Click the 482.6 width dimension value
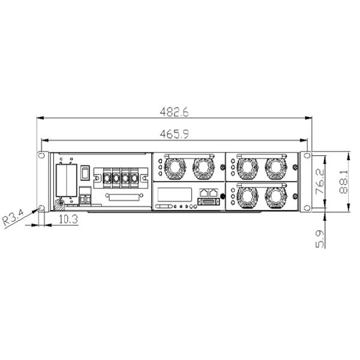pos(174,112)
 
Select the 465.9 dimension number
pos(174,134)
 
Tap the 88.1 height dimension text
pos(343,182)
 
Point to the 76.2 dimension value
pos(320,181)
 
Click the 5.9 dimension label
pos(320,239)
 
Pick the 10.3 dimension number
pos(68,219)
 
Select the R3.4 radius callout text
pos(13,217)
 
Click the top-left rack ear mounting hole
pos(41,155)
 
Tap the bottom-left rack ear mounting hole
pos(41,208)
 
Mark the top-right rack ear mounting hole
pos(307,155)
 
